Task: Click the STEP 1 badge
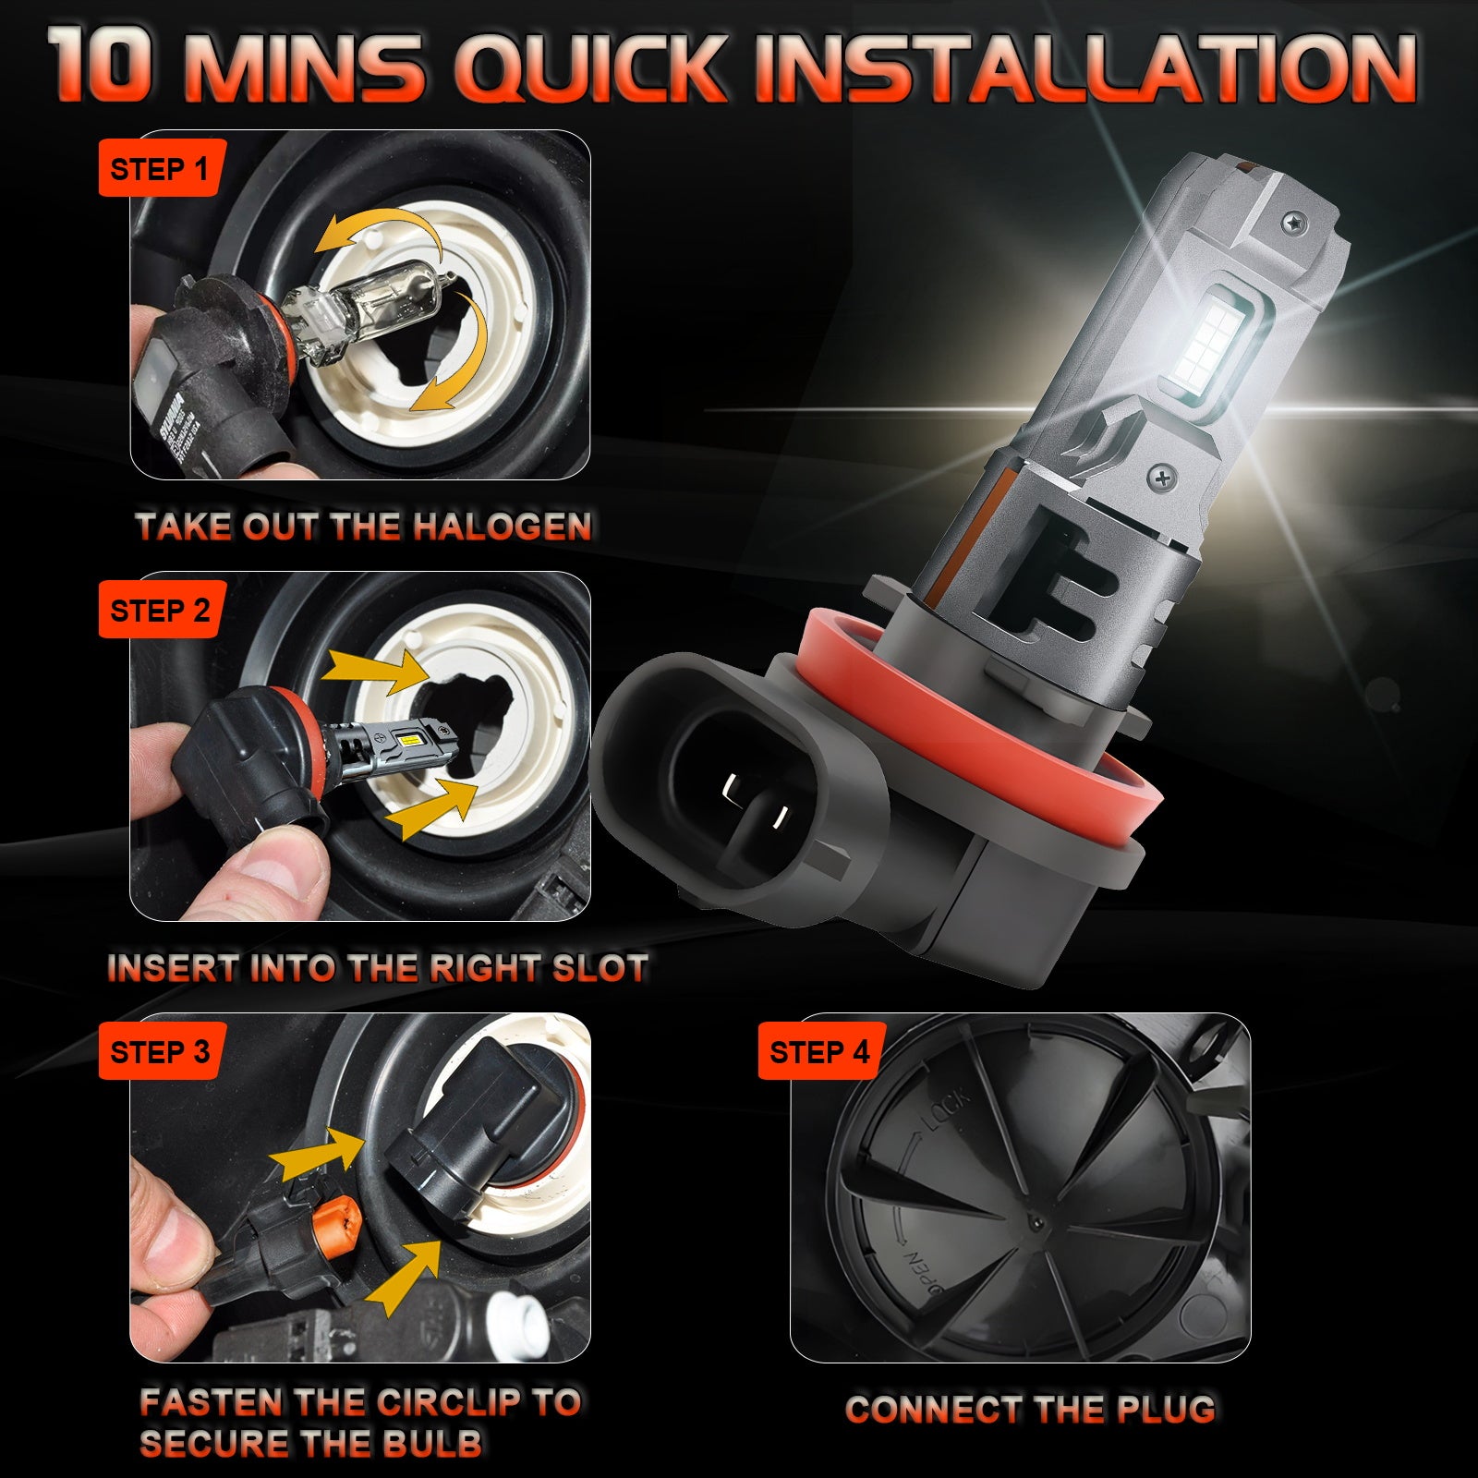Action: click(159, 169)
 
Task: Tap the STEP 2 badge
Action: click(159, 611)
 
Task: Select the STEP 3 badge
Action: click(159, 1052)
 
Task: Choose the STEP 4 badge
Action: click(819, 1052)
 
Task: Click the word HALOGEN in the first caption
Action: click(503, 527)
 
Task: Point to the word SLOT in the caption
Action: click(601, 969)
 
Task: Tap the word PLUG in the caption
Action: click(1166, 1410)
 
